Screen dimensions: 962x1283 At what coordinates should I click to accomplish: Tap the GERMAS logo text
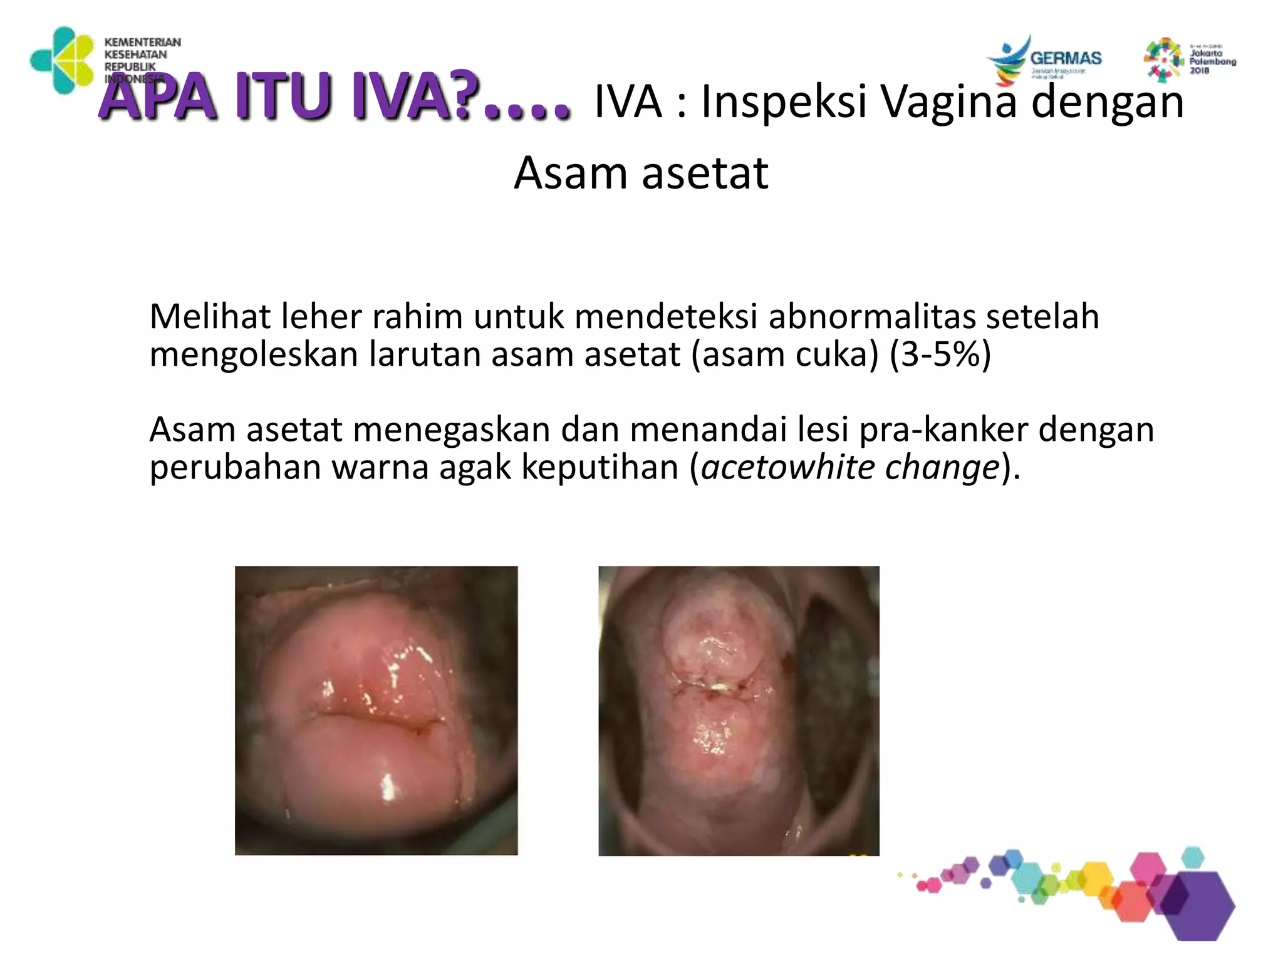[1066, 58]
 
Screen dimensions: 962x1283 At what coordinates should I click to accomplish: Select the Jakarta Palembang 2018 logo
[1189, 59]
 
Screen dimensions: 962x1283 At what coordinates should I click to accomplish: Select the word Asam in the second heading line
[571, 173]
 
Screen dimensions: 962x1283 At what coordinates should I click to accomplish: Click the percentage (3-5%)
[940, 354]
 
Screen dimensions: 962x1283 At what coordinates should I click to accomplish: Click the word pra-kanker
[943, 430]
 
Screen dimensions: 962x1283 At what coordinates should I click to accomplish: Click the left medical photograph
[376, 710]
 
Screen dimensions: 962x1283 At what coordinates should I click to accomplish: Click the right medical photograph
[739, 711]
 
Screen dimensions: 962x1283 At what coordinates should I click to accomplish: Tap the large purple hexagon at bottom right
[1197, 904]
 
